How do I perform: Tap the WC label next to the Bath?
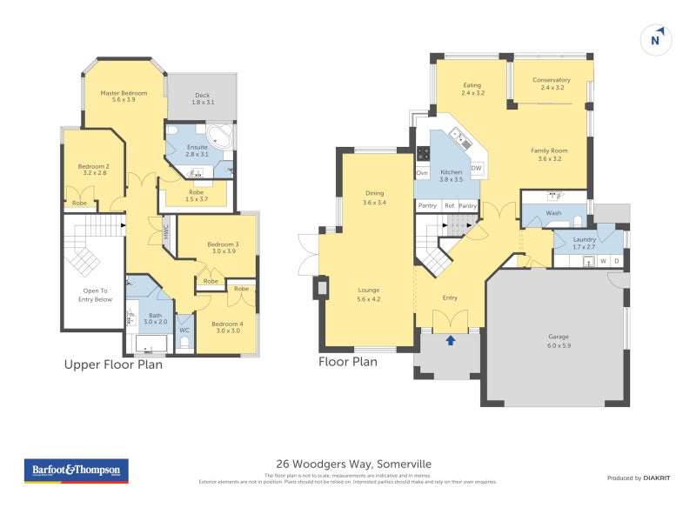(x=184, y=330)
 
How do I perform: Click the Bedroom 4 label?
(x=226, y=327)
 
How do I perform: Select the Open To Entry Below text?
(x=90, y=295)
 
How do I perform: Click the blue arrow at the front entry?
(x=450, y=340)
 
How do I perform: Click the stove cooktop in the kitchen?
(x=424, y=153)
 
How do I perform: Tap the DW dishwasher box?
(x=476, y=168)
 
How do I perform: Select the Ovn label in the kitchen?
(x=423, y=173)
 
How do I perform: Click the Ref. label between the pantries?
(x=450, y=205)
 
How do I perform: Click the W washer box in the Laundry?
(x=602, y=260)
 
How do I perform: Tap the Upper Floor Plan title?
(x=113, y=364)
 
